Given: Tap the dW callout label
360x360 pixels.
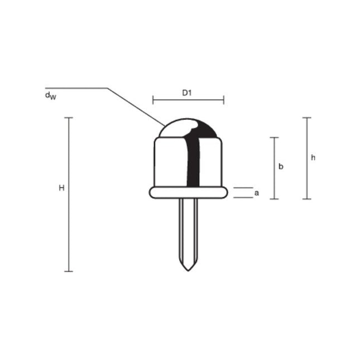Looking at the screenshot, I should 50,95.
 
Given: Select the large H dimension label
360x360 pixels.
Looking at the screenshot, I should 62,189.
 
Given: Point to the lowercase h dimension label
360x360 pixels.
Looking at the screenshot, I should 313,158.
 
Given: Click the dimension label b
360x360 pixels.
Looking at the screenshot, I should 281,167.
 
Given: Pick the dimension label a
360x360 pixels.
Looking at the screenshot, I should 256,193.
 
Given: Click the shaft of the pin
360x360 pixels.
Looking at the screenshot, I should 188,229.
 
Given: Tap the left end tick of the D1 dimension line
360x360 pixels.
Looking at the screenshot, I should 153,100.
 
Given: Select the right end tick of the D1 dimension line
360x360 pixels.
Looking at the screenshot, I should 223,100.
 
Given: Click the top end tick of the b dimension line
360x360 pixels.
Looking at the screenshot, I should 273,137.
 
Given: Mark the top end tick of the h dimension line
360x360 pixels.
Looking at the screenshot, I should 306,118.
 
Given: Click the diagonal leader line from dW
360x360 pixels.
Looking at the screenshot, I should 134,105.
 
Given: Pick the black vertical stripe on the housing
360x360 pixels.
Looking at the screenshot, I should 194,162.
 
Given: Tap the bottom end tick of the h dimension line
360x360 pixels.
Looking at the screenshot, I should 306,199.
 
